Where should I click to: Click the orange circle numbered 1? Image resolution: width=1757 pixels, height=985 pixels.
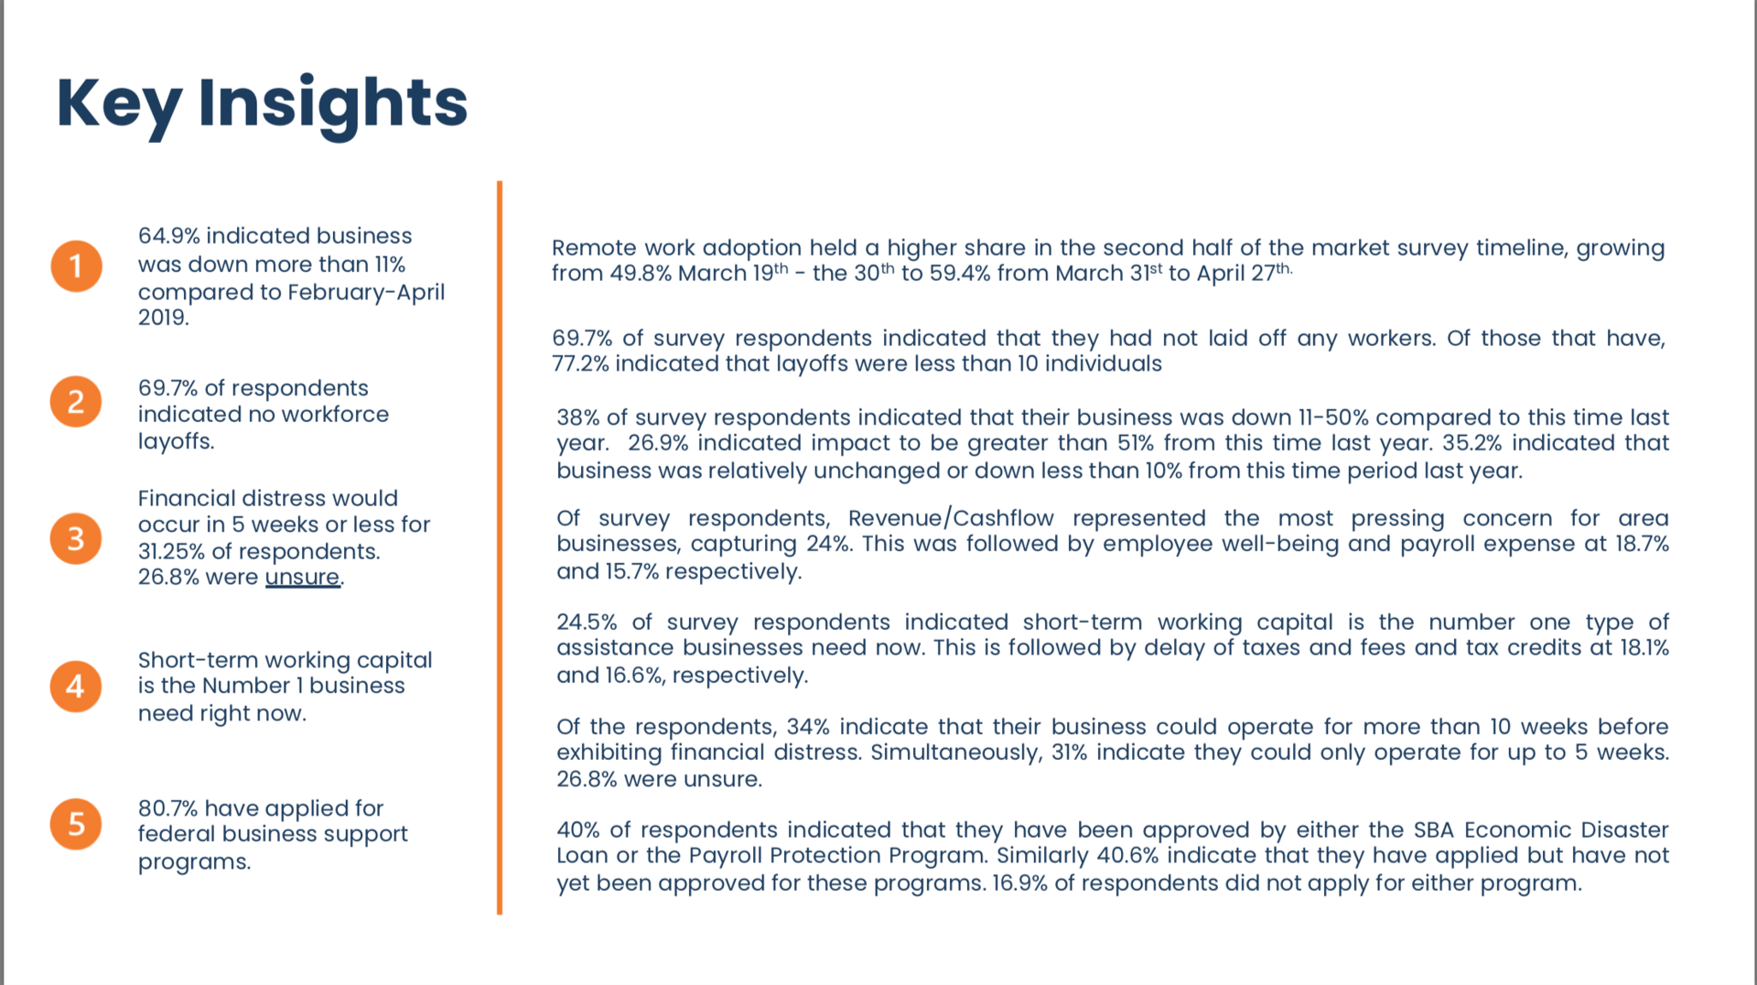(76, 266)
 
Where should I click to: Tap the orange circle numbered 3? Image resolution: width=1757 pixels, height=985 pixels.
(76, 538)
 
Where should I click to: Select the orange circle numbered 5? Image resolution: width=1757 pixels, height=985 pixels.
(76, 824)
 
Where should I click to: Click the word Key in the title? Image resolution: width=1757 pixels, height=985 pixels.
(119, 103)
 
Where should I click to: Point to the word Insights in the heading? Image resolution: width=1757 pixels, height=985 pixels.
(332, 102)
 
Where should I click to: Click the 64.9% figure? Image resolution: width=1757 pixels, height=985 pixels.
(168, 236)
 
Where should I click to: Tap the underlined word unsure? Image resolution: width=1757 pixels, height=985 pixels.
(302, 578)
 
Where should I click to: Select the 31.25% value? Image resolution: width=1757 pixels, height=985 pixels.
(171, 552)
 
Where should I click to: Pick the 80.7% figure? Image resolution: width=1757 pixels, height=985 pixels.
(167, 808)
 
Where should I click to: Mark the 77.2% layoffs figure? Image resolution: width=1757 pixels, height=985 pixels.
(580, 364)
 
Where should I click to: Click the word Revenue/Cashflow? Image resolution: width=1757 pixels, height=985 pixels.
(951, 518)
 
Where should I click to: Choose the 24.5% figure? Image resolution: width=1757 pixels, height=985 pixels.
(587, 622)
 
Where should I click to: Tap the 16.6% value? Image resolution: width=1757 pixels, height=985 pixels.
(636, 676)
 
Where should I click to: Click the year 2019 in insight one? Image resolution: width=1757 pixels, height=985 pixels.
(162, 318)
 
